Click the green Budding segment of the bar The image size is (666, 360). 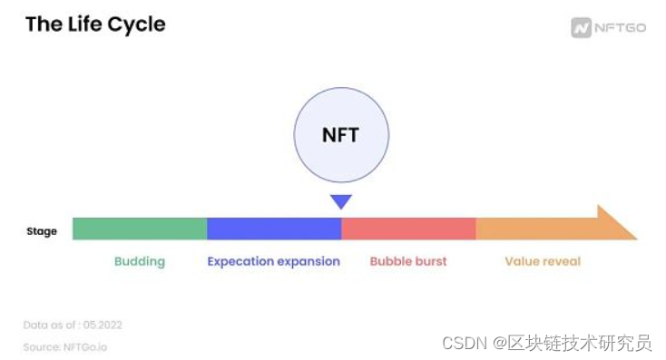[140, 229]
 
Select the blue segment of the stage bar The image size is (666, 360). [274, 229]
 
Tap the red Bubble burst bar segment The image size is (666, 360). [408, 229]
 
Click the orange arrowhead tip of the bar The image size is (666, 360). [637, 239]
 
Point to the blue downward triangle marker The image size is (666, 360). [341, 200]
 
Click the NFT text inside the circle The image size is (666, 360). [340, 135]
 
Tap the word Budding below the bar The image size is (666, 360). [140, 261]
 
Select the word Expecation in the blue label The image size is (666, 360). [240, 261]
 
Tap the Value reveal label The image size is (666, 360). [543, 261]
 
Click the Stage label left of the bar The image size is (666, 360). [42, 231]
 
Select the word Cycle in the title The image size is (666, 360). [136, 24]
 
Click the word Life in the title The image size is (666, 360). [85, 24]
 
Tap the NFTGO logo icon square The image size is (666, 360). [581, 28]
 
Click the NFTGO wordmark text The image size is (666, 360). [620, 28]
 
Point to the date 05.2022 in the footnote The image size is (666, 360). [103, 326]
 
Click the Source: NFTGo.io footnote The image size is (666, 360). [65, 347]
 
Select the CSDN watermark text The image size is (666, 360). [465, 343]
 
